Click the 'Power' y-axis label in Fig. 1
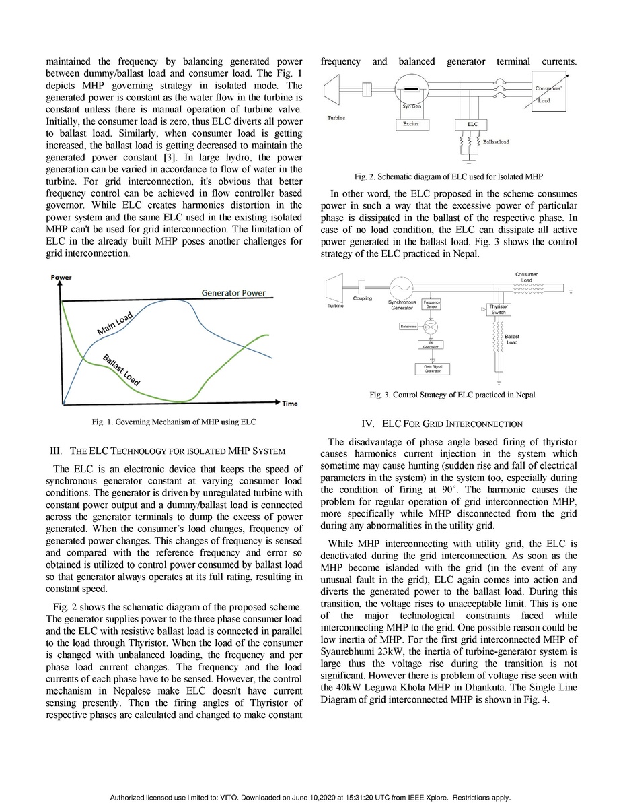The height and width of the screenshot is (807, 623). click(x=61, y=278)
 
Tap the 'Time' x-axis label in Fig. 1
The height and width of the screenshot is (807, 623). click(x=289, y=403)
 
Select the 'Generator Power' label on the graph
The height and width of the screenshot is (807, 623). click(x=233, y=293)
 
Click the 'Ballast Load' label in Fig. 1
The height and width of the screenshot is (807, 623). click(x=121, y=369)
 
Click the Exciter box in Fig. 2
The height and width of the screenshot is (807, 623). click(x=411, y=124)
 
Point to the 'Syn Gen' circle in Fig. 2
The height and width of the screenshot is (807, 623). click(x=411, y=91)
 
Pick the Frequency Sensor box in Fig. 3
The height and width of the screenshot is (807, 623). click(x=431, y=304)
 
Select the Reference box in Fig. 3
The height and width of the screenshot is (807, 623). click(x=408, y=326)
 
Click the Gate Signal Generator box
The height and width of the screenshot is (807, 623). click(x=432, y=368)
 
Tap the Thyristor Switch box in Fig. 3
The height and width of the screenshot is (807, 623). click(x=499, y=309)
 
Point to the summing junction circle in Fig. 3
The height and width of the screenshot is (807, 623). click(x=431, y=327)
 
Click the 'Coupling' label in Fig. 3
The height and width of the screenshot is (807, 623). click(x=363, y=298)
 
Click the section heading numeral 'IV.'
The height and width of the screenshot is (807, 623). click(x=368, y=424)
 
